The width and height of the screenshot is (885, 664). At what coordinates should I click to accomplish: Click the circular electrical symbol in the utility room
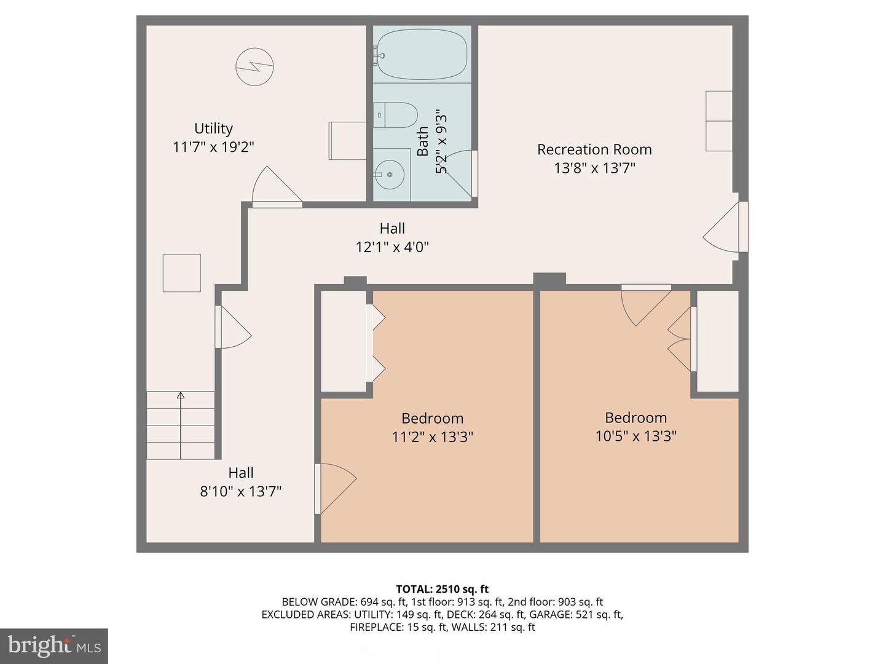point(254,66)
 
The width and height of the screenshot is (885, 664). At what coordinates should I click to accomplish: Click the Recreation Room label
point(594,149)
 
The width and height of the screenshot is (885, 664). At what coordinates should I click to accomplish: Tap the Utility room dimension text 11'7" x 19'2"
point(213,147)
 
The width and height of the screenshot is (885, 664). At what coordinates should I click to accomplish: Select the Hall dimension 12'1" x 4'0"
point(392,247)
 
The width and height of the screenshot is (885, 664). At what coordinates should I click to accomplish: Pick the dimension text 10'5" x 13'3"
point(635,436)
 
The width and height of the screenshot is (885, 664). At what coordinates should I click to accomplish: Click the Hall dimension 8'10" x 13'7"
point(240,491)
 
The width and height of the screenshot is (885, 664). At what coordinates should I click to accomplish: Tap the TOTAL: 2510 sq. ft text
point(442,589)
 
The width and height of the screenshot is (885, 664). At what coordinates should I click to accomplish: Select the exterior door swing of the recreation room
point(725,227)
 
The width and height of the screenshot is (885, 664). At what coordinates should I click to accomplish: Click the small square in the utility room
point(181,272)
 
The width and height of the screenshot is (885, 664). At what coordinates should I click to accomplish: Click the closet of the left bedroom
point(344,340)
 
